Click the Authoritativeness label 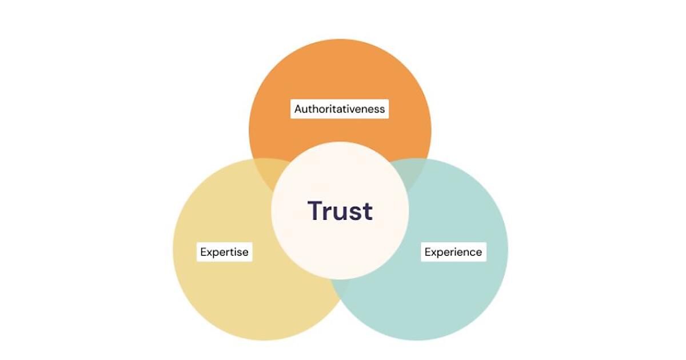click(340, 108)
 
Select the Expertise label click(224, 251)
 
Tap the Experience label click(453, 251)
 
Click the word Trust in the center click(340, 211)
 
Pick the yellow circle click(229, 297)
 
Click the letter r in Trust click(329, 213)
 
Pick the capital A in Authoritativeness click(298, 108)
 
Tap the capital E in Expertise click(204, 251)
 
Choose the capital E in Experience click(428, 251)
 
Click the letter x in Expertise click(210, 253)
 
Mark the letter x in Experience click(434, 253)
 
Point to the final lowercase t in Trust click(367, 211)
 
